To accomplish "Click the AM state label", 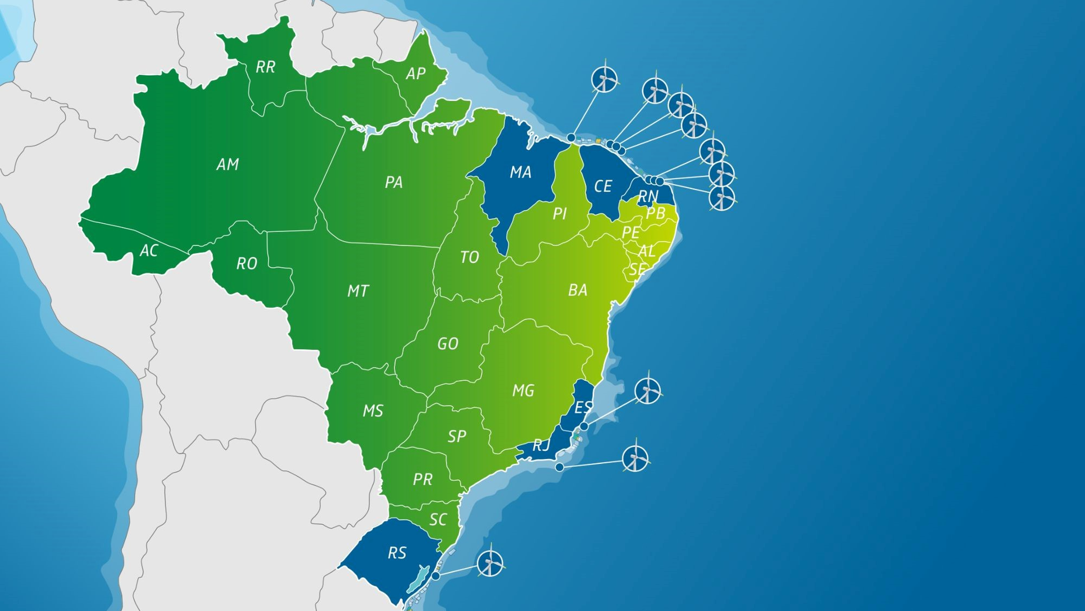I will (228, 165).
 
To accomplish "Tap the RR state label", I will (266, 67).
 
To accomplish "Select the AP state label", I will (415, 74).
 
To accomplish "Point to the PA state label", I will (394, 182).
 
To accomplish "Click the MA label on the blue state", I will (520, 172).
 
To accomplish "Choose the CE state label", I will (603, 186).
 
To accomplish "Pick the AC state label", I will (149, 251).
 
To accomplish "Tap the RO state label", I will (246, 264).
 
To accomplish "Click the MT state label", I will (358, 291).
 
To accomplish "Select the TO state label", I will (470, 257).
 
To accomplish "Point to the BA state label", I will (578, 291).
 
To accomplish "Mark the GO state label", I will (448, 344).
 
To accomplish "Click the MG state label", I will (523, 390).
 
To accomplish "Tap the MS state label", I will (373, 411).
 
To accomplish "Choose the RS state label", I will (397, 553).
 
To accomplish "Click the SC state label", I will (438, 520).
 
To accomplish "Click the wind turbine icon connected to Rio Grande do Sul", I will (490, 563).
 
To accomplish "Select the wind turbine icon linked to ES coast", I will (648, 390).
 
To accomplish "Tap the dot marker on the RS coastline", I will (436, 576).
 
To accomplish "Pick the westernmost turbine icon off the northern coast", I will (605, 79).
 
